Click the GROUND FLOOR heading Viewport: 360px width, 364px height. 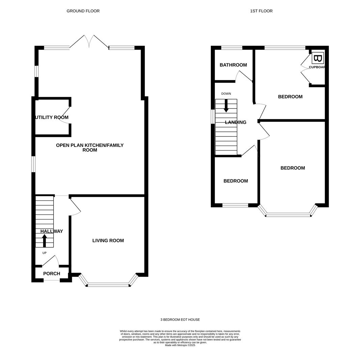[x=83, y=11]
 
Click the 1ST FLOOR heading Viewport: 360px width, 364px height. [x=261, y=11]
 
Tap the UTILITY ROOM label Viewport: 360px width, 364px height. [x=52, y=118]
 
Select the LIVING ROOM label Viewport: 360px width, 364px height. [x=108, y=241]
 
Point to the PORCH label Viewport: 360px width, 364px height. [x=52, y=274]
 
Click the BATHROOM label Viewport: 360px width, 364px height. [x=233, y=65]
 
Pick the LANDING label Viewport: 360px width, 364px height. [x=236, y=122]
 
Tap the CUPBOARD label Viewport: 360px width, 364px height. [x=317, y=67]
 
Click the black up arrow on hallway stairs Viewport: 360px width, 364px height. [x=44, y=241]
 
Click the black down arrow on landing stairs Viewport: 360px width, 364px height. [x=226, y=106]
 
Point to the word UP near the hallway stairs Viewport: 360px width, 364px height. [x=45, y=253]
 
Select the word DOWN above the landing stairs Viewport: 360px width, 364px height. [x=226, y=94]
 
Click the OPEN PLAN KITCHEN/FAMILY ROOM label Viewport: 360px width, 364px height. [x=90, y=148]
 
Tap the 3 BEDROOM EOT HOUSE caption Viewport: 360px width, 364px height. [x=180, y=320]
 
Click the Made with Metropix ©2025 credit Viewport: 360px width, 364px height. [x=180, y=345]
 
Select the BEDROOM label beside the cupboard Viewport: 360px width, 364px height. [x=290, y=97]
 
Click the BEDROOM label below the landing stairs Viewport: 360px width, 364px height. [x=236, y=181]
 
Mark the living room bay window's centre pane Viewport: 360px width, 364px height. [x=108, y=284]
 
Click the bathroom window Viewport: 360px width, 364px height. [x=232, y=48]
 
